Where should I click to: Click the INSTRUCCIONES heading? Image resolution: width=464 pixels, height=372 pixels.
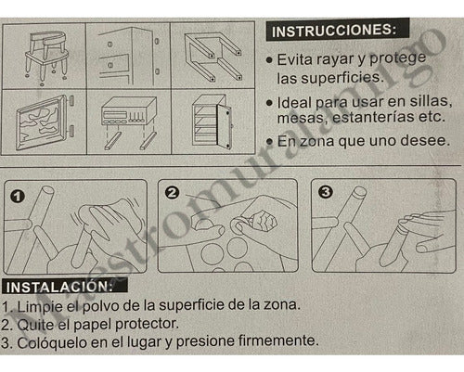point(338,32)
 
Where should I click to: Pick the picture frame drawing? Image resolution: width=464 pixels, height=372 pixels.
point(42,120)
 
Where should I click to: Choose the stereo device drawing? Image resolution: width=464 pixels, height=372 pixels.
point(126,120)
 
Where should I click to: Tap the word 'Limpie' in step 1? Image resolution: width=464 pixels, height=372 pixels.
point(40,305)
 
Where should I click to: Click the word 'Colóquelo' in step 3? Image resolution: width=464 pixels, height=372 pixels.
point(52,343)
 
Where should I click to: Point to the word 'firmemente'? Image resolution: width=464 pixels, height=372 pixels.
point(275,343)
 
